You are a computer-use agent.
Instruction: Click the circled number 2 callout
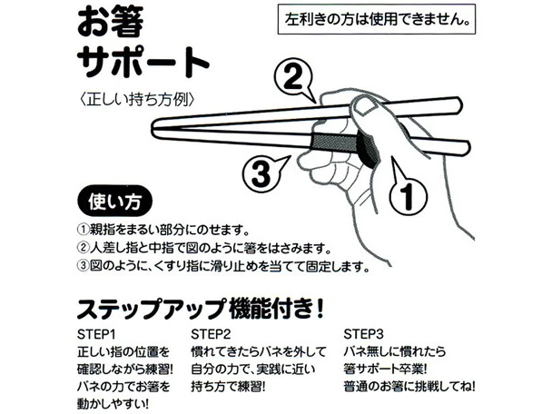pos(293,78)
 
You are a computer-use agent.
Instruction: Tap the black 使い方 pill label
pos(114,201)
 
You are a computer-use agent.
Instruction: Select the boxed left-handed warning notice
pos(377,19)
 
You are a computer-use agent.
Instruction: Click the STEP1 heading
pos(96,334)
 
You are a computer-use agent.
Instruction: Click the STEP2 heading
pos(211,334)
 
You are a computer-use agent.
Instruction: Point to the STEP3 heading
pos(363,334)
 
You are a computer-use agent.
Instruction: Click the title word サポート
pos(143,62)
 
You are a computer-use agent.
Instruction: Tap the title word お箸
pos(110,22)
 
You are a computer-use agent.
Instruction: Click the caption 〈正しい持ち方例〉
pos(137,99)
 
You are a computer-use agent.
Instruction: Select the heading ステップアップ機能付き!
pos(200,308)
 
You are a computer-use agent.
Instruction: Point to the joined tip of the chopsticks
pos(153,128)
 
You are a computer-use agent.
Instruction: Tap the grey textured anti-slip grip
pos(334,142)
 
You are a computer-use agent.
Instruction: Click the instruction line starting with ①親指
pos(163,230)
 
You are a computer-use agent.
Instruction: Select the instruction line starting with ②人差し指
pos(205,248)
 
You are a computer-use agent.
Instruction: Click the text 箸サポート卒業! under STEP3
pos(385,370)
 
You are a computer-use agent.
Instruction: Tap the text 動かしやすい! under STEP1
pos(113,403)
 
